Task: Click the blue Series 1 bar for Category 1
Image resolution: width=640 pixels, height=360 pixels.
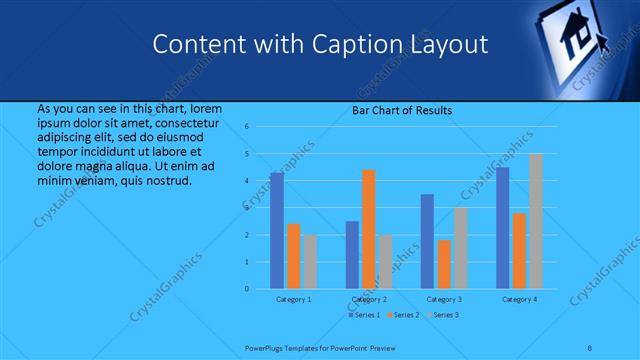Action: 276,231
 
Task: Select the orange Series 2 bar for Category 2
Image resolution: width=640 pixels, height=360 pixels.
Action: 368,229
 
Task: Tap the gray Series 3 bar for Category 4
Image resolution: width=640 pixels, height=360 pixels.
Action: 535,221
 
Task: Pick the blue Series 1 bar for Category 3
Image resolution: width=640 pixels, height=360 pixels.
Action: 427,241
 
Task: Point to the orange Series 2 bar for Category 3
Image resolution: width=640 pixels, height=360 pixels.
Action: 444,264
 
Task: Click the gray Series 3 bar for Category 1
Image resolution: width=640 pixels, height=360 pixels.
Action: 310,262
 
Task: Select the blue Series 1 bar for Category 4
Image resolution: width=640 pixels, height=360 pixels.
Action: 502,228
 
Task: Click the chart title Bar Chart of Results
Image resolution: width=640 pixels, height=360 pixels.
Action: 401,110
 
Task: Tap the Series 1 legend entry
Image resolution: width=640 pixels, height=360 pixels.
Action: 364,315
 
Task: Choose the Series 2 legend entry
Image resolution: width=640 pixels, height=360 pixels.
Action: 403,315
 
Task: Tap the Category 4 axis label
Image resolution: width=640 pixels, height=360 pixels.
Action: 518,299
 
